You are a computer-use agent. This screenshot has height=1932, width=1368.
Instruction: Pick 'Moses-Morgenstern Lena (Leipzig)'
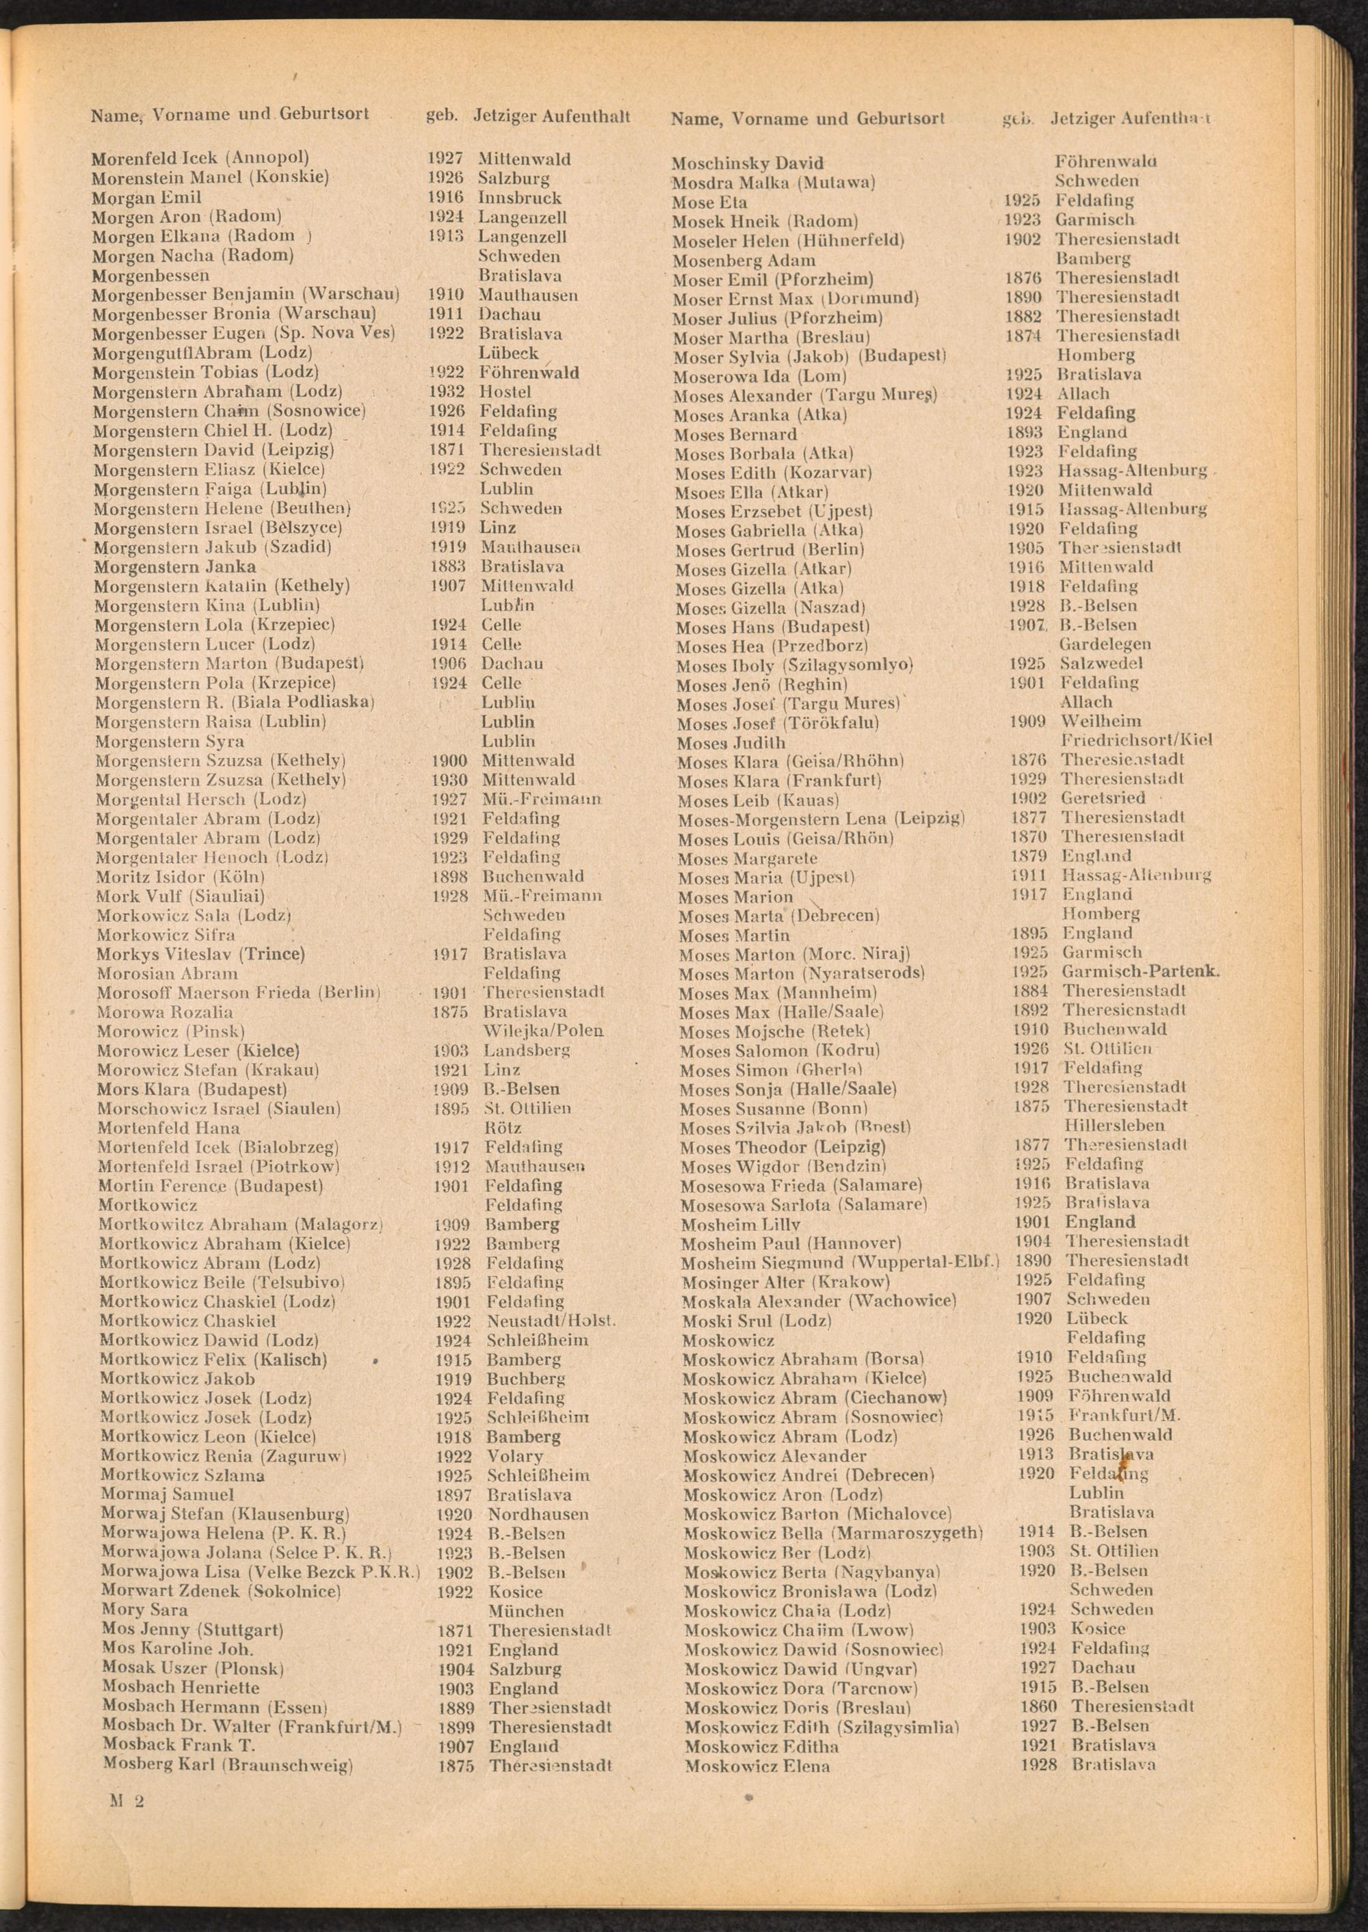(x=821, y=819)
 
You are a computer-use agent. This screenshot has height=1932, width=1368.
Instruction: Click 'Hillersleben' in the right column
(x=1114, y=1125)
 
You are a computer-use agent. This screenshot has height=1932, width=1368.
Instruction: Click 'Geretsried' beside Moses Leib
(x=1103, y=798)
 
